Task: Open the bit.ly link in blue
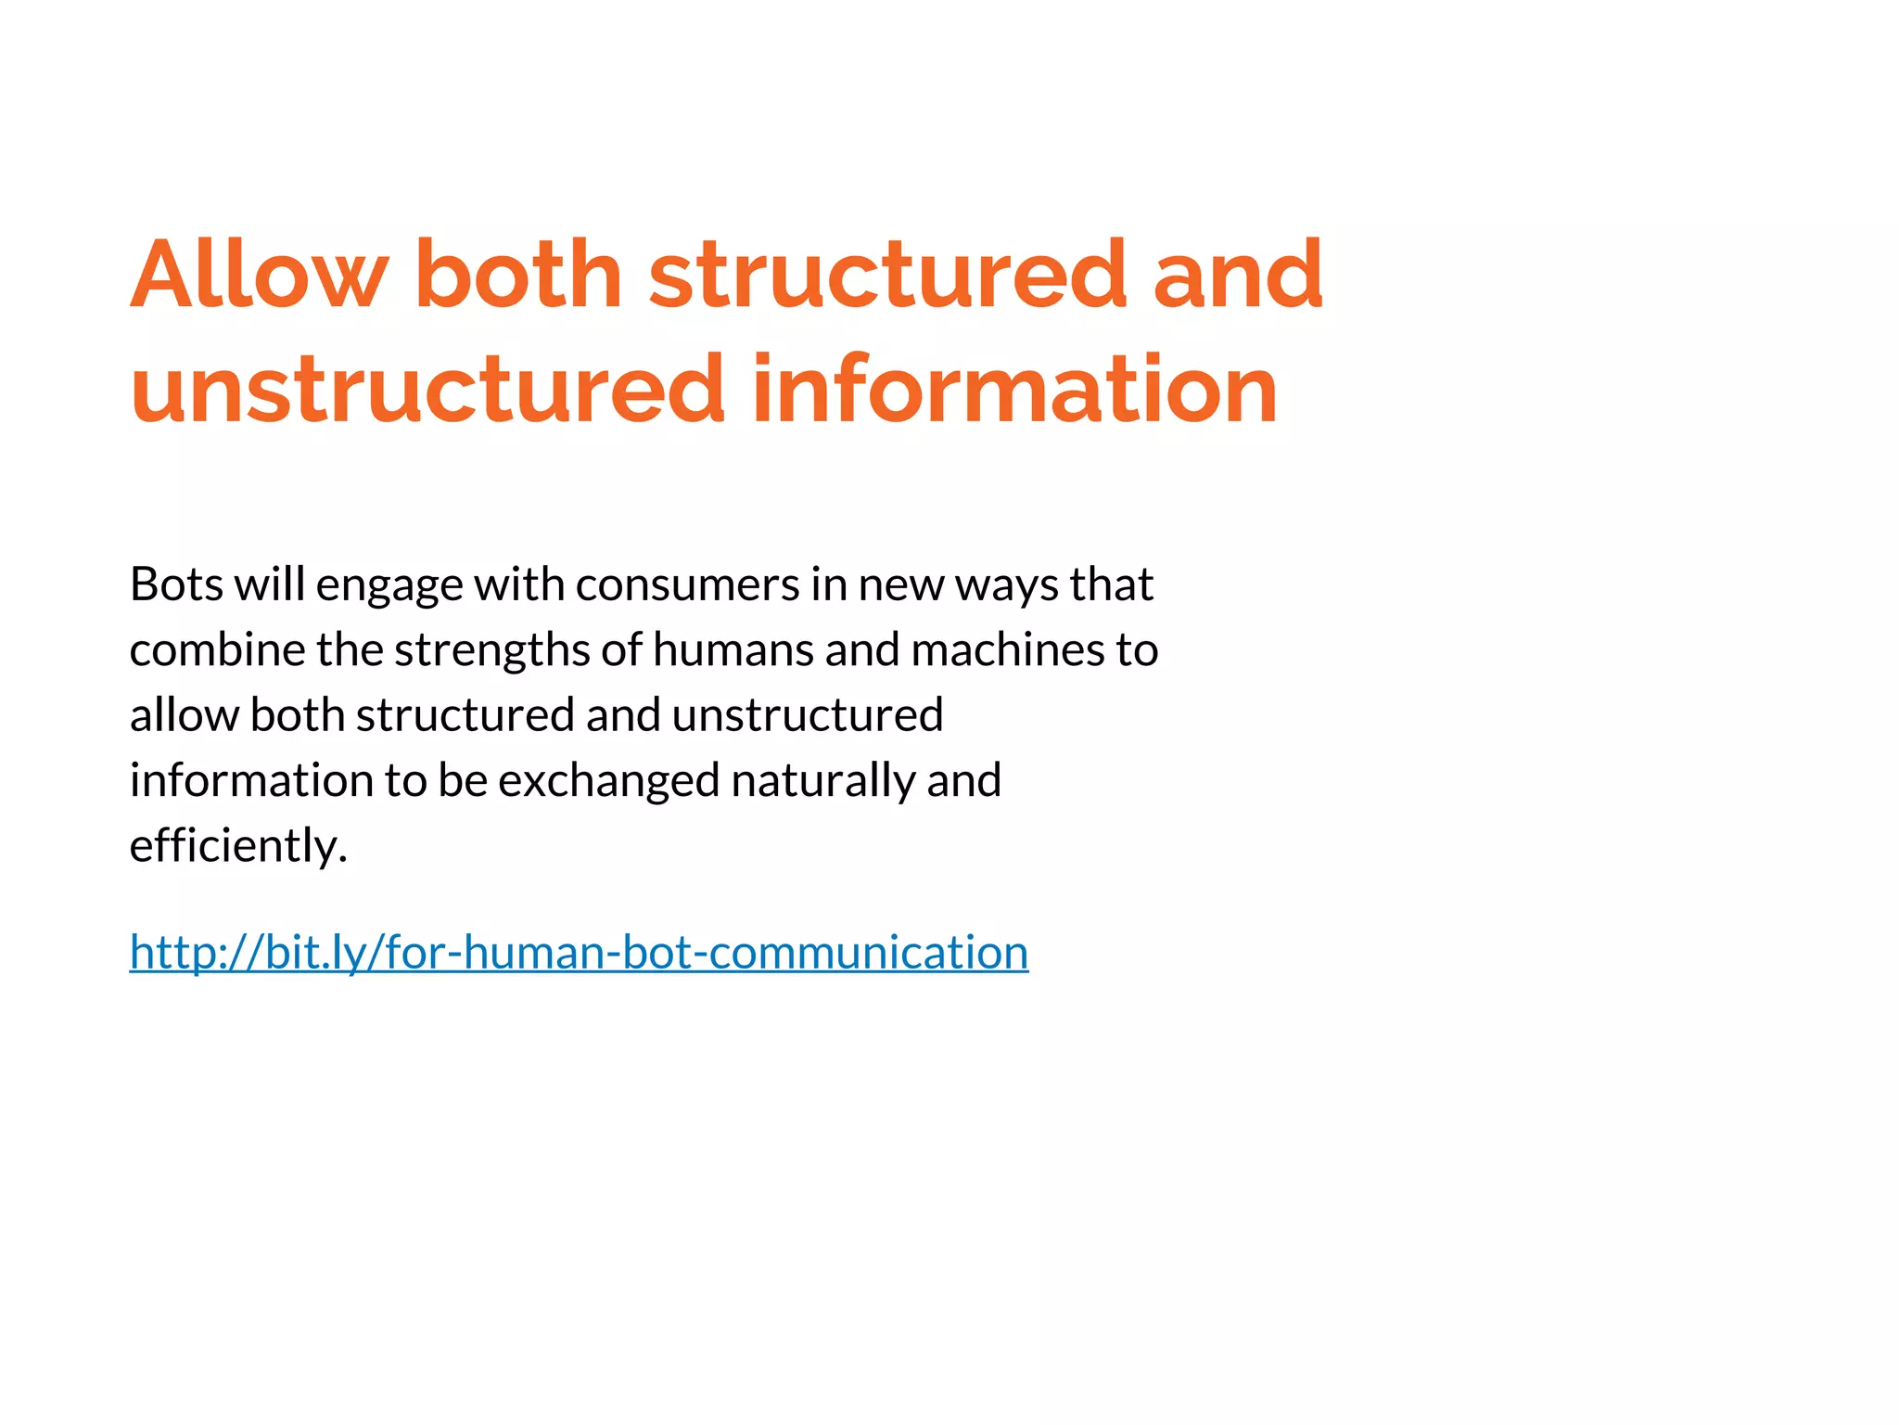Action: [x=579, y=953]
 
